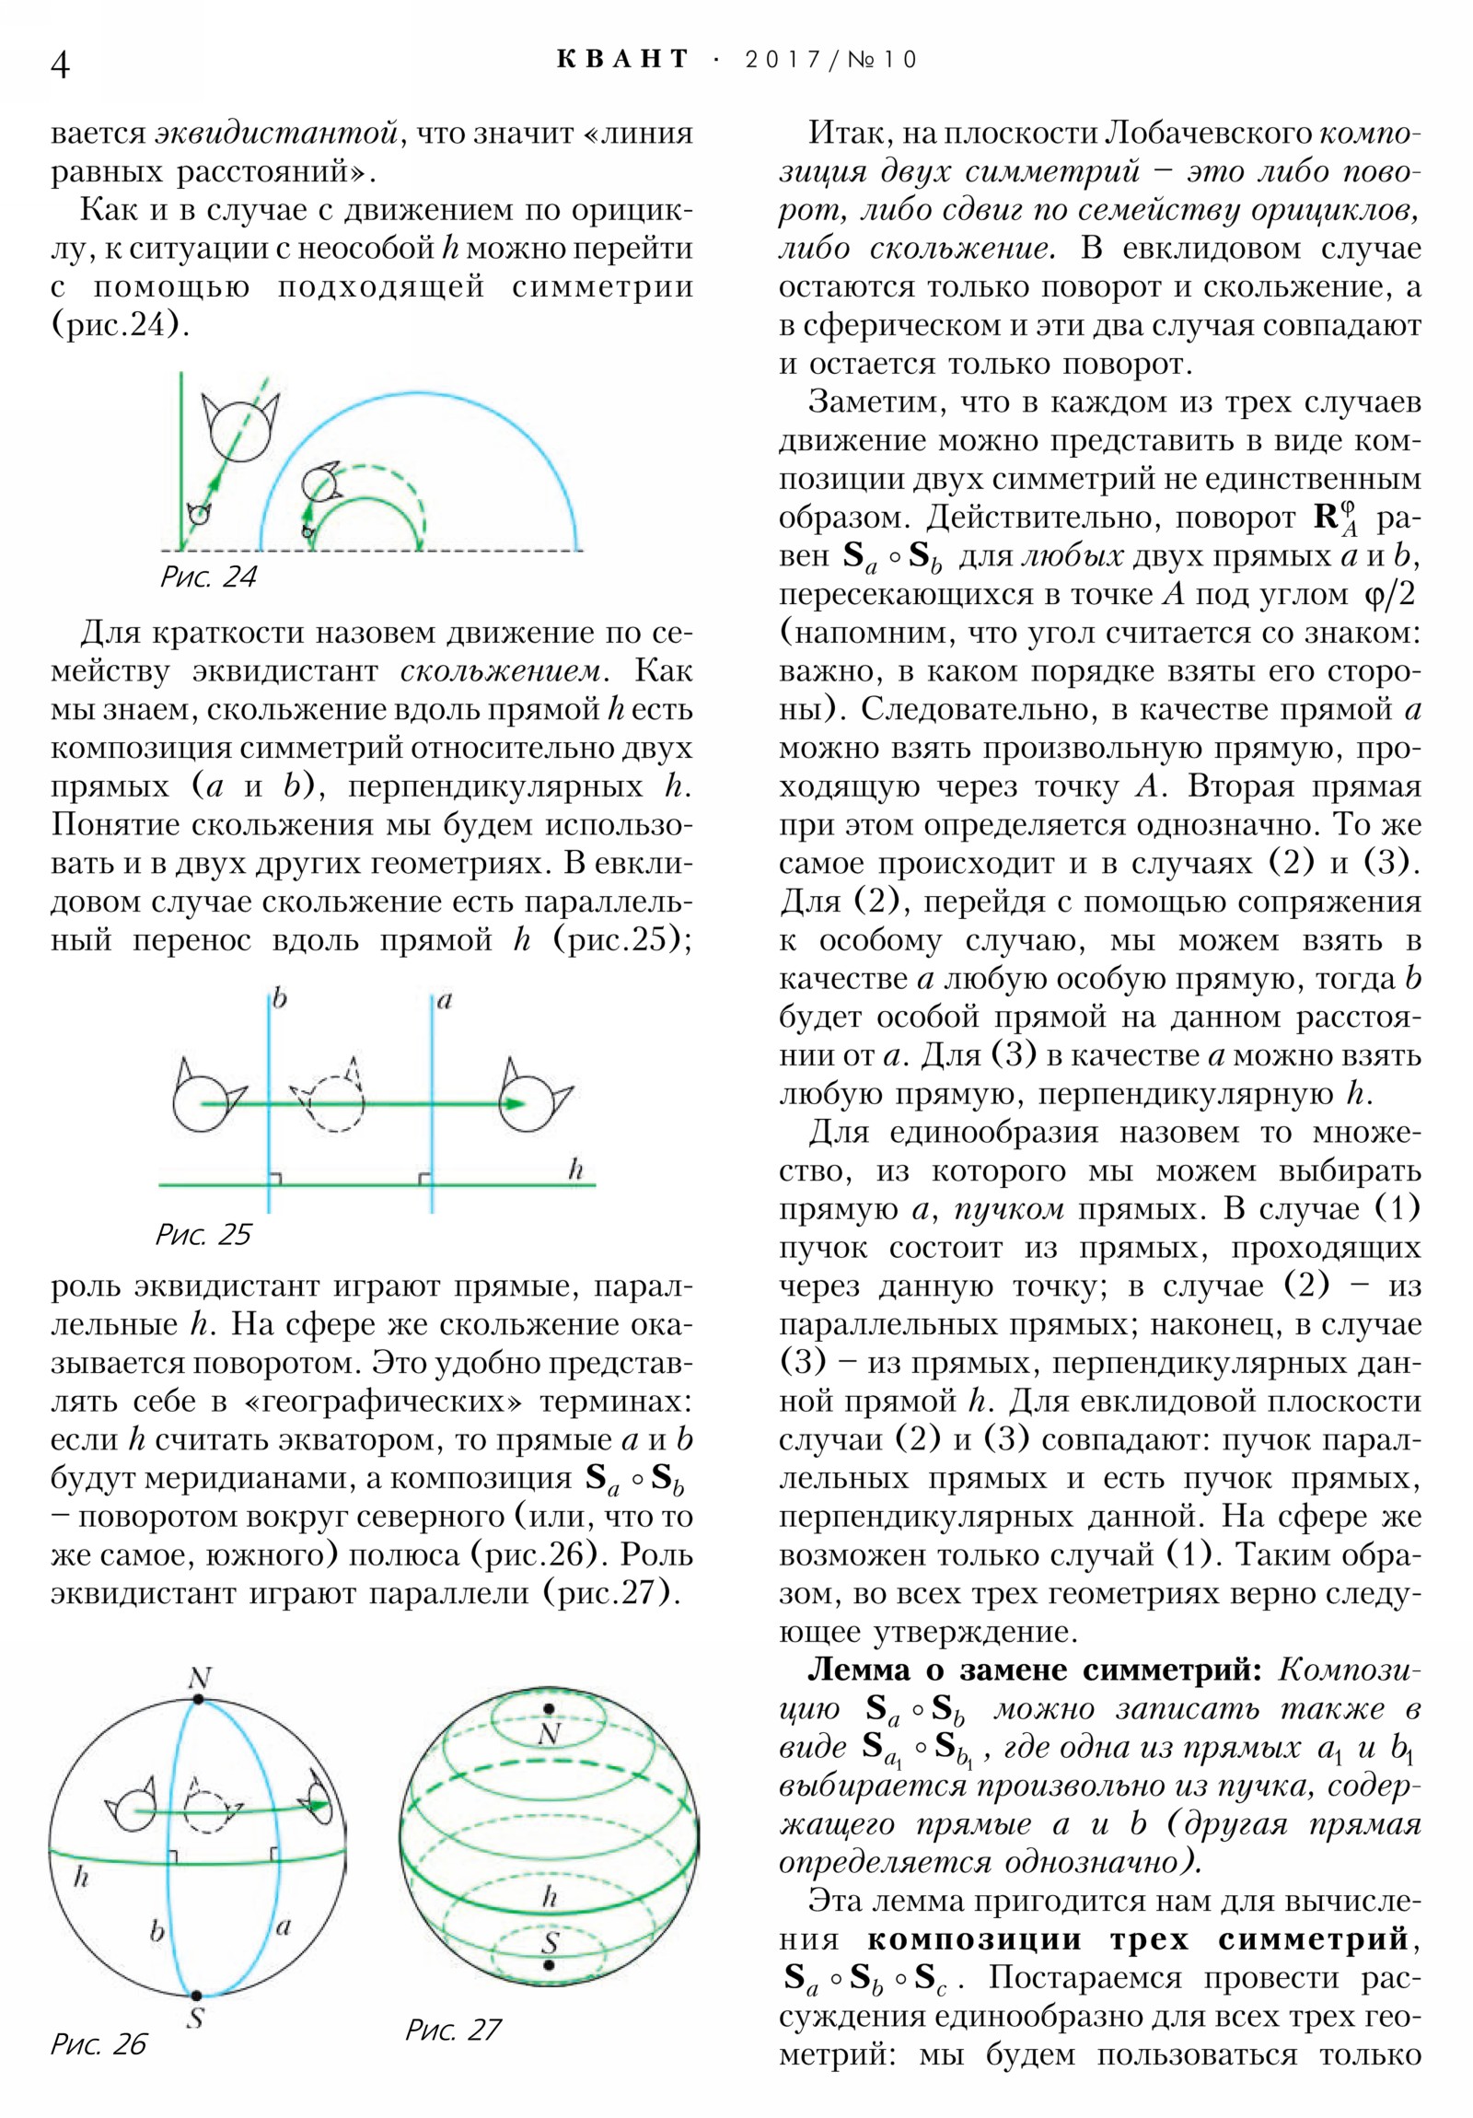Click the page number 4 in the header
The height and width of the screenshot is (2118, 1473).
pyautogui.click(x=60, y=64)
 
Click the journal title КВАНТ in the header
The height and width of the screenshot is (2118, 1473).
pyautogui.click(x=623, y=60)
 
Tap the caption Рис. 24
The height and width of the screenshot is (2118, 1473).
pyautogui.click(x=208, y=577)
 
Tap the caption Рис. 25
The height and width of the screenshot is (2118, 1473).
pyautogui.click(x=203, y=1234)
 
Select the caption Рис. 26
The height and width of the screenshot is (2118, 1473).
pyautogui.click(x=99, y=2043)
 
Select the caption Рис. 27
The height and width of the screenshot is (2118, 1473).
pyautogui.click(x=453, y=2029)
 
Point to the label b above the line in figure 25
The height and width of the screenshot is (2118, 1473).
pyautogui.click(x=280, y=999)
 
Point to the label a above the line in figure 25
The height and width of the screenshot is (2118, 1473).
pyautogui.click(x=445, y=1000)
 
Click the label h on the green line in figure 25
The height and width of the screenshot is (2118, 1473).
pyautogui.click(x=575, y=1170)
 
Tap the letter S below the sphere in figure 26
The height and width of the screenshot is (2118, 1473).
pyautogui.click(x=195, y=2019)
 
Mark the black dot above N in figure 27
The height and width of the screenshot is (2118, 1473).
pyautogui.click(x=549, y=1708)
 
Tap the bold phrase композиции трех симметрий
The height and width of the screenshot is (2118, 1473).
pyautogui.click(x=1137, y=1939)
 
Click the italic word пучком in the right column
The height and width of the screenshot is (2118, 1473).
pyautogui.click(x=1009, y=1208)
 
